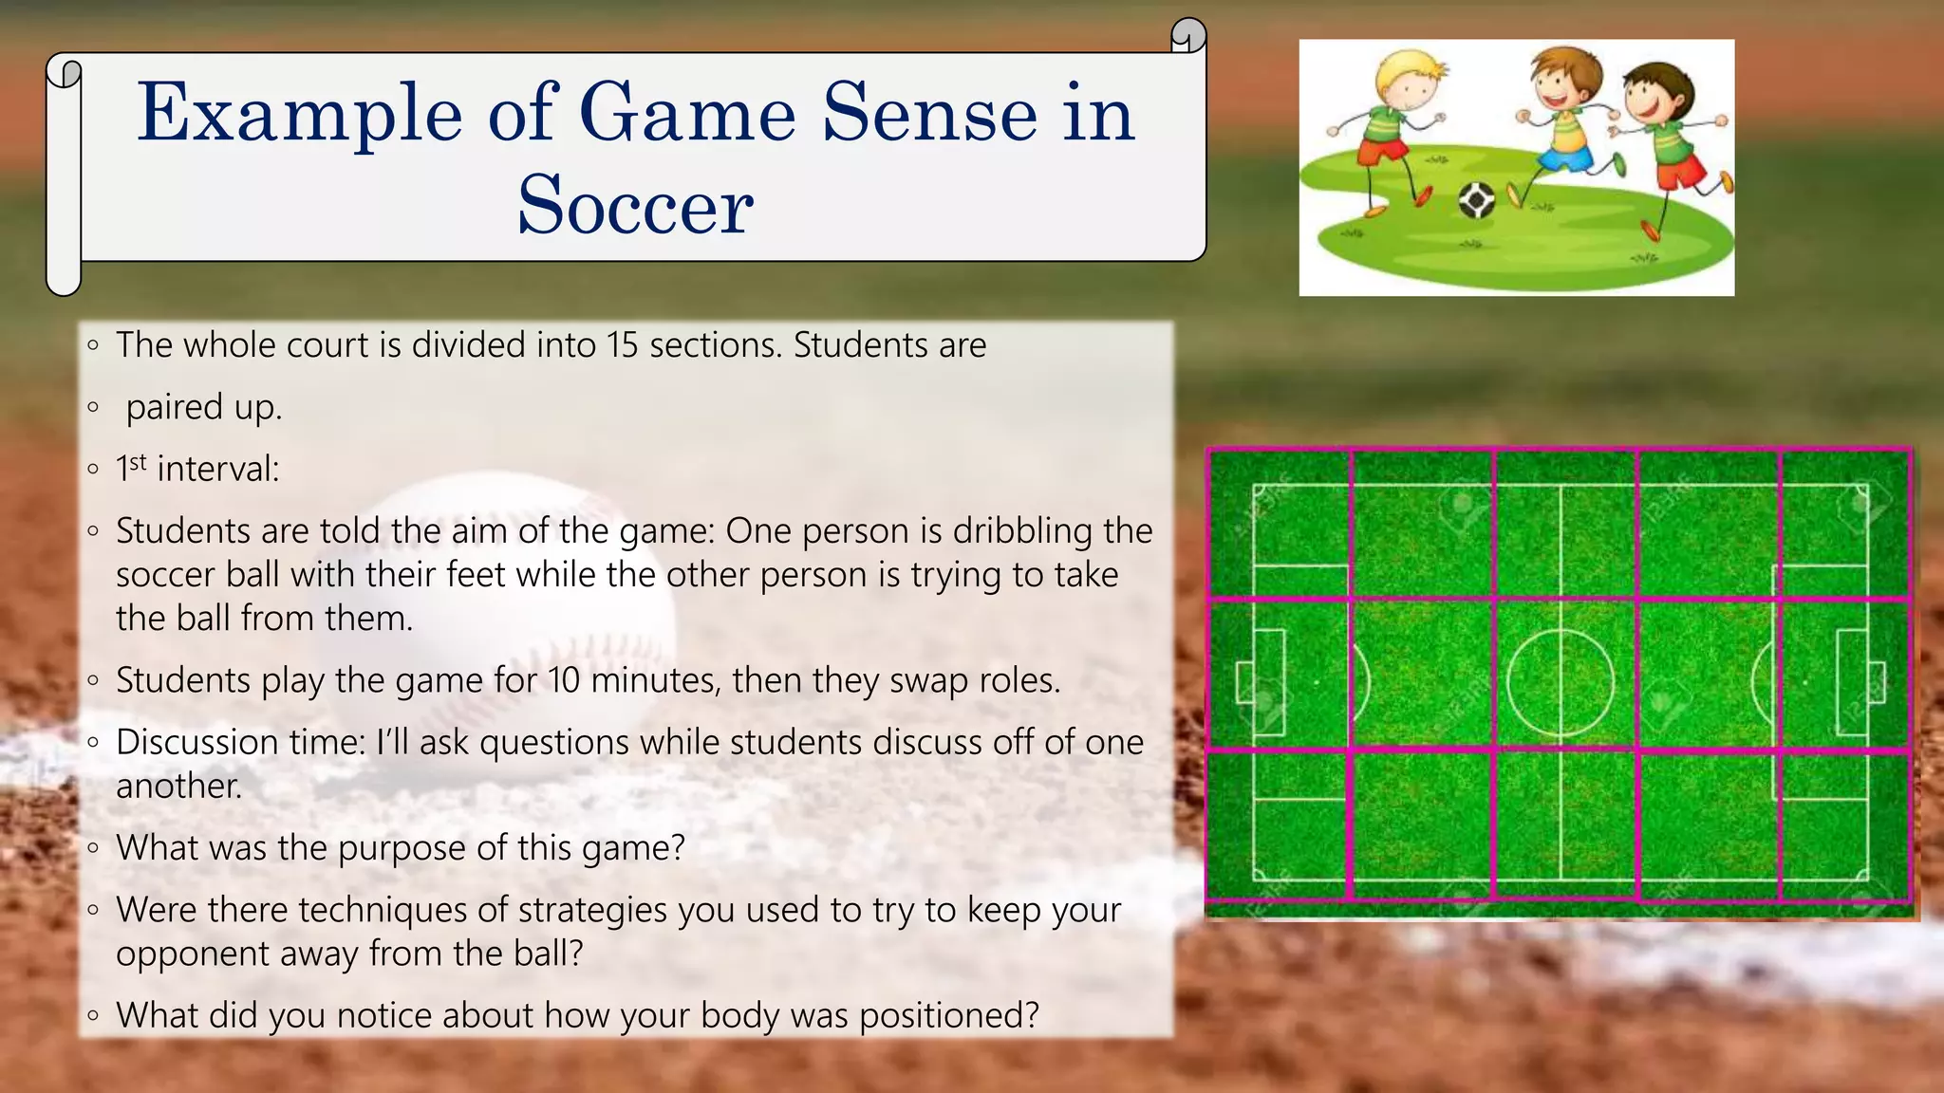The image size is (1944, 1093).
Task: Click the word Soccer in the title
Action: click(635, 206)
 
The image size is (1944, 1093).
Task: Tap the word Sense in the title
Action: click(929, 114)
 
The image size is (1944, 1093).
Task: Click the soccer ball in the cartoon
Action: click(1476, 200)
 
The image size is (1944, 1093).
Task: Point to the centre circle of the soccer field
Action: click(1561, 682)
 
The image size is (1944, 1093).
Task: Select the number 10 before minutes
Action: click(564, 680)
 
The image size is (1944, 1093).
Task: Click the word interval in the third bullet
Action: click(217, 469)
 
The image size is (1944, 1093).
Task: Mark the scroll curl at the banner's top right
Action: click(1187, 36)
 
